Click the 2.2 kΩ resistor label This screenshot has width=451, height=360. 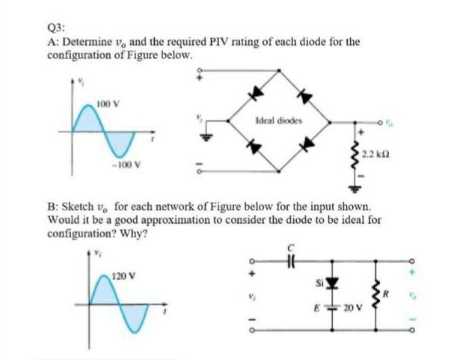click(x=375, y=154)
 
